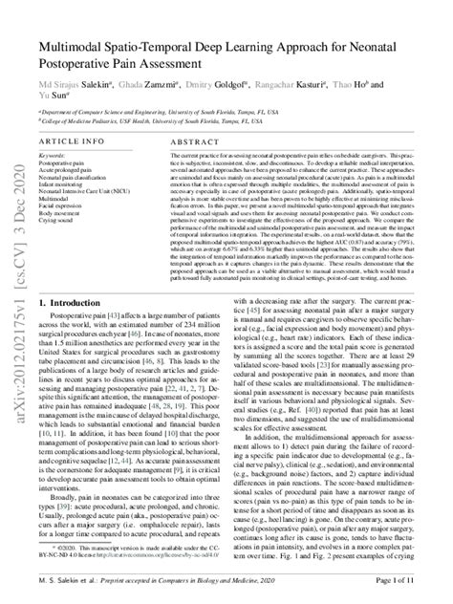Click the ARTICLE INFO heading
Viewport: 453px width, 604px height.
tap(73, 140)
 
